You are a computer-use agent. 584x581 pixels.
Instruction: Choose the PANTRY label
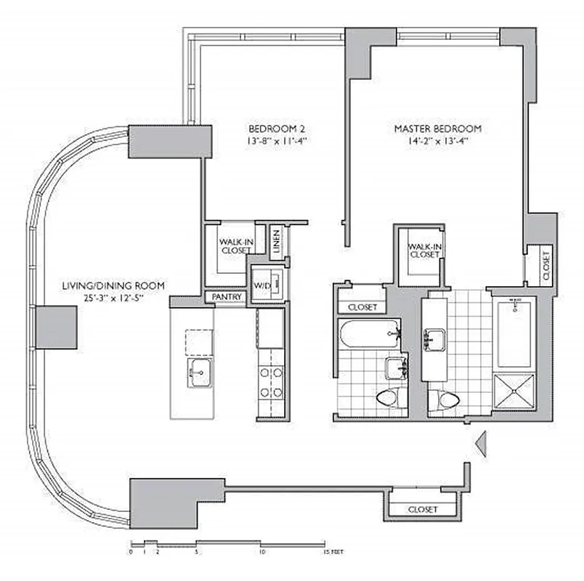pyautogui.click(x=226, y=297)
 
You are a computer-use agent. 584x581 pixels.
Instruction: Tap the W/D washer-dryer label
pyautogui.click(x=261, y=286)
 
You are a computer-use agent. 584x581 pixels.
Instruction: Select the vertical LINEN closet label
pyautogui.click(x=277, y=243)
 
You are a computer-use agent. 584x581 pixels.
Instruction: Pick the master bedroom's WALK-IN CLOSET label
pyautogui.click(x=423, y=250)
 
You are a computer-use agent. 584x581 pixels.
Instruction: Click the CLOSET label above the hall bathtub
pyautogui.click(x=361, y=307)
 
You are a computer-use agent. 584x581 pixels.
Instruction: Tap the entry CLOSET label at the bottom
pyautogui.click(x=422, y=509)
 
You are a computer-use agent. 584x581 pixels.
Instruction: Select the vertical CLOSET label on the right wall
pyautogui.click(x=546, y=264)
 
